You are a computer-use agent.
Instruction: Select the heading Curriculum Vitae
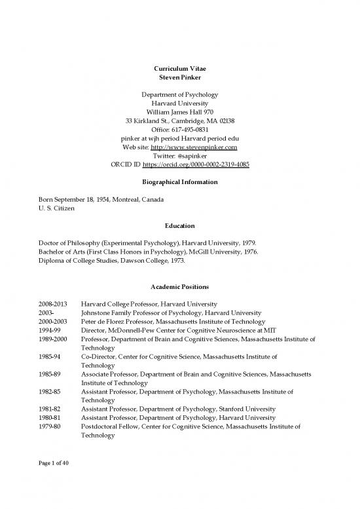[x=180, y=68]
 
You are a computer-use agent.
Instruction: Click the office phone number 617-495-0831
[x=194, y=129]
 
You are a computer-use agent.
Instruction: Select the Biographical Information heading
[x=180, y=181]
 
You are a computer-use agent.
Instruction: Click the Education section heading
[x=180, y=224]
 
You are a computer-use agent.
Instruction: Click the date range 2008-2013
[x=54, y=304]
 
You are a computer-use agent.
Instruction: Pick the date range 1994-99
[x=50, y=331]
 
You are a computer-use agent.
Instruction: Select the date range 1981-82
[x=50, y=409]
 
